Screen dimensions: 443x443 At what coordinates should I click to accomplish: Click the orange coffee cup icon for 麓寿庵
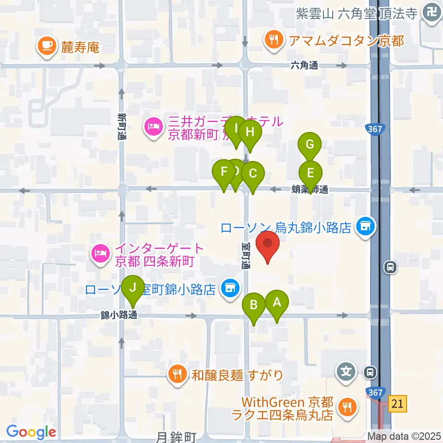(47, 45)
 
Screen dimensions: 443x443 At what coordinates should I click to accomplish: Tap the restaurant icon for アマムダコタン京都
(273, 40)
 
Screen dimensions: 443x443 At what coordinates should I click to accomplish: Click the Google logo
(31, 432)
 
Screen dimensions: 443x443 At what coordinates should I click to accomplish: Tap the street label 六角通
(304, 66)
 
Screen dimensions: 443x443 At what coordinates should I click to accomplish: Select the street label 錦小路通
(119, 316)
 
